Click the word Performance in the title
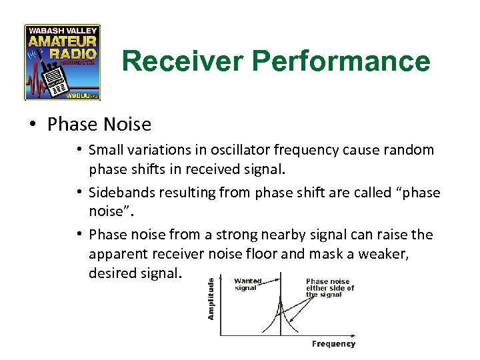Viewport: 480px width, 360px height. click(343, 61)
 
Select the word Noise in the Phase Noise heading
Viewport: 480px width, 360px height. click(127, 125)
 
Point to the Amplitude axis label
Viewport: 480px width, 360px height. click(211, 298)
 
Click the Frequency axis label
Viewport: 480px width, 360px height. click(333, 344)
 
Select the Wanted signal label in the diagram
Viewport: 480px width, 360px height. click(248, 285)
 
